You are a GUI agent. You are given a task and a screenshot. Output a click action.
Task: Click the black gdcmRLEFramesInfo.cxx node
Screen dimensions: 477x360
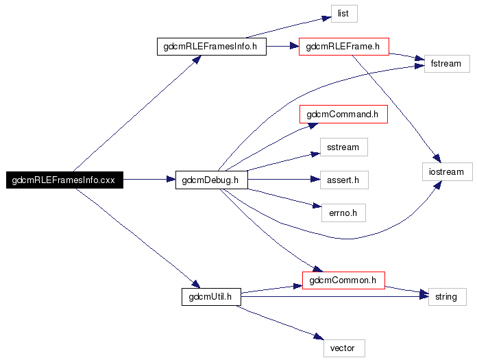click(64, 180)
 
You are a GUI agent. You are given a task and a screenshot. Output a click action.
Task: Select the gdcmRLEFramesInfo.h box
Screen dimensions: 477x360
click(211, 47)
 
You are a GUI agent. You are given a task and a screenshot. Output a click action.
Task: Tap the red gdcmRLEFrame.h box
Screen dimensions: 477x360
click(344, 47)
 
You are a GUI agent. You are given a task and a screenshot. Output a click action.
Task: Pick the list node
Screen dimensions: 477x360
click(344, 14)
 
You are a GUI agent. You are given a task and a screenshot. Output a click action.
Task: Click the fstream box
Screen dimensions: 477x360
click(447, 64)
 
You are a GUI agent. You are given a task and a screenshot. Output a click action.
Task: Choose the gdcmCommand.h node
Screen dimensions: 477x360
click(343, 114)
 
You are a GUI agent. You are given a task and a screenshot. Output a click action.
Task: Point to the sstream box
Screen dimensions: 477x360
click(344, 147)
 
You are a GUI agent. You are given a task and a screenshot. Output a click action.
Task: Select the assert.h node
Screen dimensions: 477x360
click(344, 180)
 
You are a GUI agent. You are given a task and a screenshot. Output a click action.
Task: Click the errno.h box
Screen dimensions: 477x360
click(343, 213)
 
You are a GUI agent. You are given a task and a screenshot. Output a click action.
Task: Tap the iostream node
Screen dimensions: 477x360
click(447, 172)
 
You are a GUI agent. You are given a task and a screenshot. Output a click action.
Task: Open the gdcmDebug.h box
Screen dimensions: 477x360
click(211, 180)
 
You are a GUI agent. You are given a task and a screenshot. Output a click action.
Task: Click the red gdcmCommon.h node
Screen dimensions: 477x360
click(343, 280)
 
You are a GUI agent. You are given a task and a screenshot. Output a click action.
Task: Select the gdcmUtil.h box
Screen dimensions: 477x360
click(211, 297)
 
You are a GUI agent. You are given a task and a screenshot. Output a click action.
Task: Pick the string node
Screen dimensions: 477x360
click(447, 297)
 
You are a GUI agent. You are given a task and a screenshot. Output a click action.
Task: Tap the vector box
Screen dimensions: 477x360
click(344, 348)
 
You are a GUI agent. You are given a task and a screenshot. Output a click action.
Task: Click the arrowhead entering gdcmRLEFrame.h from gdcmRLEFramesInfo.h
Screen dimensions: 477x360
click(294, 46)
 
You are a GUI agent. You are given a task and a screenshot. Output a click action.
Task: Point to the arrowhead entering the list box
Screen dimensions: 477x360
click(327, 19)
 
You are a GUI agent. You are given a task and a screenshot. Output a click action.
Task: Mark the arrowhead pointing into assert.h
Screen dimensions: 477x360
click(315, 180)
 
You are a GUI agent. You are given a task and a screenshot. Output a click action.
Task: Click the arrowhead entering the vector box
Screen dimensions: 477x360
click(319, 336)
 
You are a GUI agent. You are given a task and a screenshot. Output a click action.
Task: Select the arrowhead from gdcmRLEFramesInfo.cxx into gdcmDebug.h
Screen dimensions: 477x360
click(171, 179)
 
